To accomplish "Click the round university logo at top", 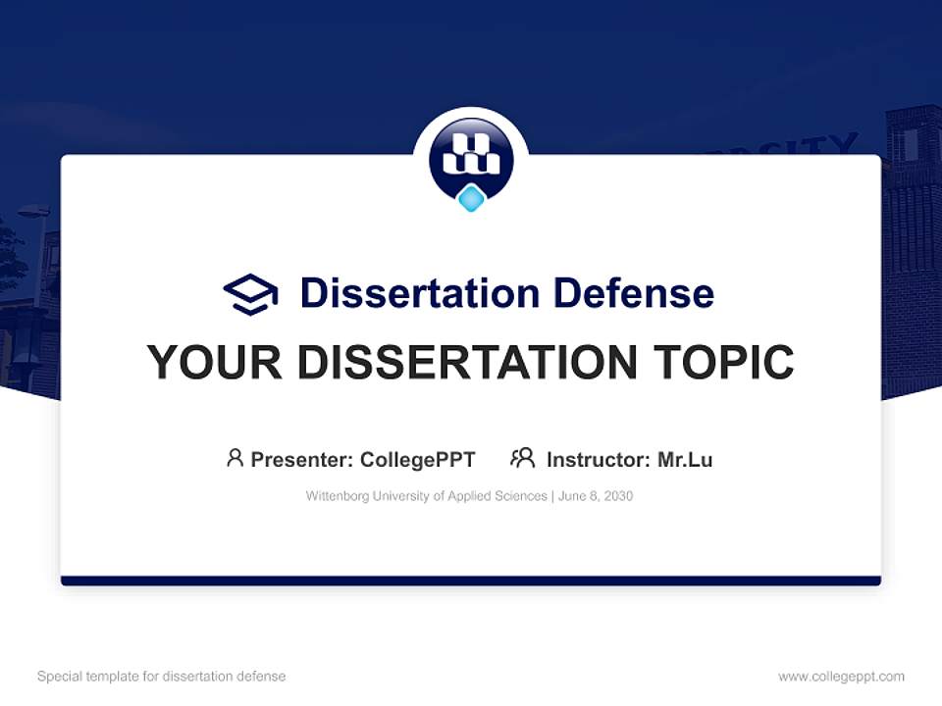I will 471,157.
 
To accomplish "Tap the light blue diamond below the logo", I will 471,199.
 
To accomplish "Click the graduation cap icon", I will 250,293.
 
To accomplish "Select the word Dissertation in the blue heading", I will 419,293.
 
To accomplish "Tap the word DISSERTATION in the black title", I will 459,363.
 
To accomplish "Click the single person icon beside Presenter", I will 235,458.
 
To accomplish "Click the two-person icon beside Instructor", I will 522,458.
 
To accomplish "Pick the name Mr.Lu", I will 685,460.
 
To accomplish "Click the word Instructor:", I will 598,460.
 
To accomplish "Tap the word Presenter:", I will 301,460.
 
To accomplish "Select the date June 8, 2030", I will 596,496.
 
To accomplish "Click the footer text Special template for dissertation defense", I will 162,677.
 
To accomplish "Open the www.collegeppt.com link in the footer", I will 841,677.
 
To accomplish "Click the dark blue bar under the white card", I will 471,581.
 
